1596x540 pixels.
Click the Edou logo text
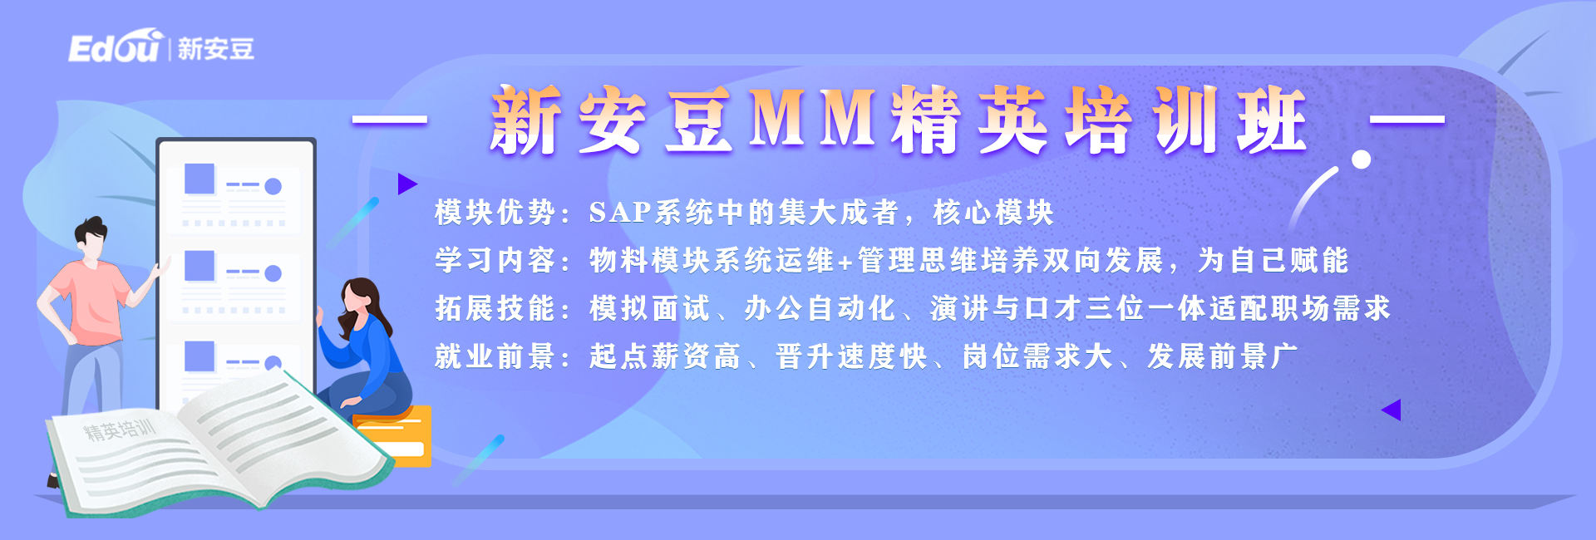[x=114, y=47]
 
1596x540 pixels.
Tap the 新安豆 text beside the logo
[x=216, y=49]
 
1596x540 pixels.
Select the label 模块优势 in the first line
[x=495, y=213]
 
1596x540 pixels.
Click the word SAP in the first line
[x=619, y=213]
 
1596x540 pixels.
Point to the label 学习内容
[x=495, y=260]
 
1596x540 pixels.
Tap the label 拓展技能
[x=495, y=308]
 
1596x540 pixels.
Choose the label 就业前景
[x=495, y=356]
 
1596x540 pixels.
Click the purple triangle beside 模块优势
[x=406, y=184]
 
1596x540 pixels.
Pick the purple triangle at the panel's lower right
[x=1392, y=410]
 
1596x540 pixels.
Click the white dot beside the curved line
[x=1361, y=160]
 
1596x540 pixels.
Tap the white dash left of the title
[x=390, y=120]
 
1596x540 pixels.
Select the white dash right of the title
[x=1406, y=120]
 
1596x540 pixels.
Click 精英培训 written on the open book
[x=119, y=430]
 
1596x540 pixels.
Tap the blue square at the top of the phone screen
[x=199, y=178]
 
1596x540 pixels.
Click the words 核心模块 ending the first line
[x=993, y=213]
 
